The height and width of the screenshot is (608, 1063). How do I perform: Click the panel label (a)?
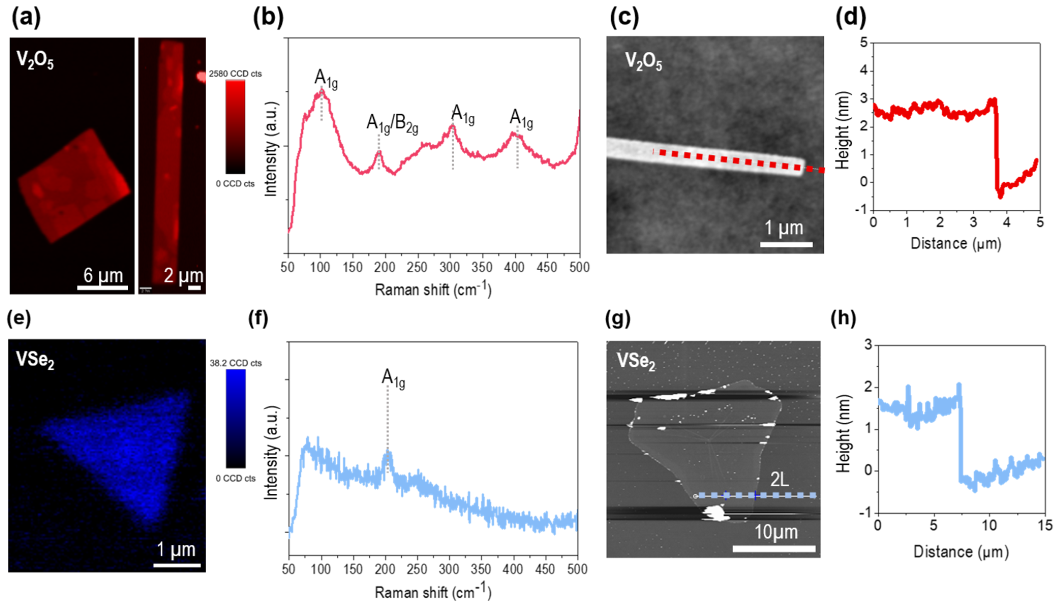pos(26,19)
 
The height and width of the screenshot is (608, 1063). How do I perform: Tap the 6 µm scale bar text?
pos(103,276)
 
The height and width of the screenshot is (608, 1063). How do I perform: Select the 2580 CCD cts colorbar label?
pos(235,73)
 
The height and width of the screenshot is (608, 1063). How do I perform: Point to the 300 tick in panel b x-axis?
pos(450,267)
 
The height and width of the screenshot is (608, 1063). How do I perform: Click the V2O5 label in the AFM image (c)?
pos(643,61)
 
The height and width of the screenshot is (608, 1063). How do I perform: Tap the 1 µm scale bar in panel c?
pos(786,244)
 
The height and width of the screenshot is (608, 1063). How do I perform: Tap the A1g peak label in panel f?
pos(393,379)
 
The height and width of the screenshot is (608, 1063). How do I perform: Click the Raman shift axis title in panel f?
pos(433,592)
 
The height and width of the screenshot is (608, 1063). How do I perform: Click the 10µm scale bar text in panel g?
pos(776,533)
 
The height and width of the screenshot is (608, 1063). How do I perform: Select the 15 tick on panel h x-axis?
pos(1045,525)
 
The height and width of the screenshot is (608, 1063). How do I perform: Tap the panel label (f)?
pos(258,319)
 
